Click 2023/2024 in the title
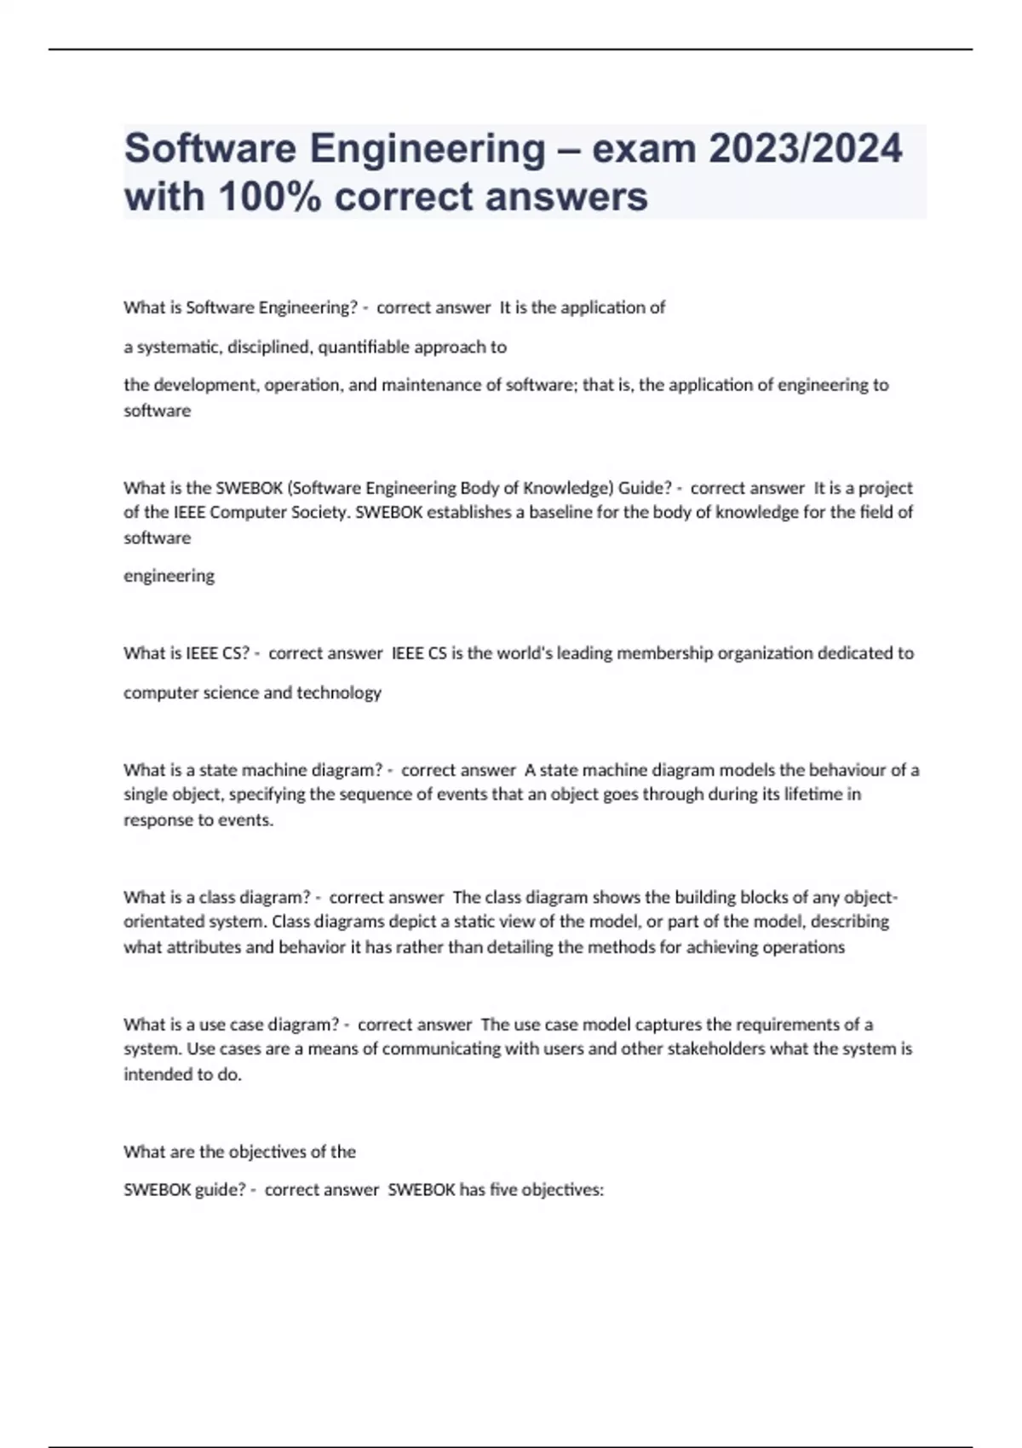tap(805, 149)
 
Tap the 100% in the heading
tap(270, 198)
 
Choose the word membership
tap(665, 653)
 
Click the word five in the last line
tap(502, 1190)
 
